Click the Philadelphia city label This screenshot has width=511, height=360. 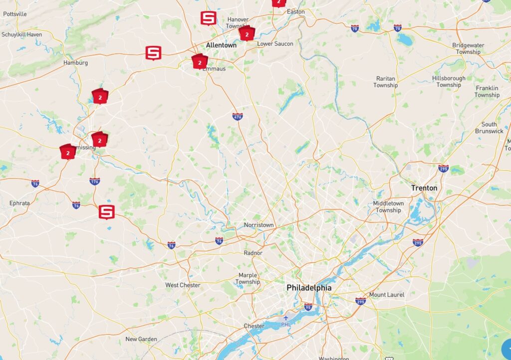[x=309, y=288]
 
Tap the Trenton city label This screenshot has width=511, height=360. [x=424, y=188]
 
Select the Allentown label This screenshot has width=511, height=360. [x=221, y=45]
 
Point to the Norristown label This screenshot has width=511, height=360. [x=258, y=225]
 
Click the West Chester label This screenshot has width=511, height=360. [x=183, y=285]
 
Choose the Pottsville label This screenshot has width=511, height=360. [x=14, y=14]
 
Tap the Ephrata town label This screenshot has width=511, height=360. [x=19, y=203]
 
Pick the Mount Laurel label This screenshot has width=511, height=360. [x=387, y=295]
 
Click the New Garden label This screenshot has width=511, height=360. [x=141, y=339]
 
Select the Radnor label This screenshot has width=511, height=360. [x=253, y=253]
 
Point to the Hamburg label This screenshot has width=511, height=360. [x=75, y=63]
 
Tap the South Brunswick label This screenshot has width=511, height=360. [x=489, y=128]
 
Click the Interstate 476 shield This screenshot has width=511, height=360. [x=238, y=116]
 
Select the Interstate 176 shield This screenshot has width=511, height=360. [x=94, y=181]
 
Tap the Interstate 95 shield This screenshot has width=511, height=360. [x=308, y=306]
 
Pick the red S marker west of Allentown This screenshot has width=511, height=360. [x=153, y=52]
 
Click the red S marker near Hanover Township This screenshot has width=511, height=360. [x=208, y=18]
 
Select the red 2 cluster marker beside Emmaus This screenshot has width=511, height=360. [x=200, y=62]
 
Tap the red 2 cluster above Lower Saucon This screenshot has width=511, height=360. [x=247, y=34]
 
